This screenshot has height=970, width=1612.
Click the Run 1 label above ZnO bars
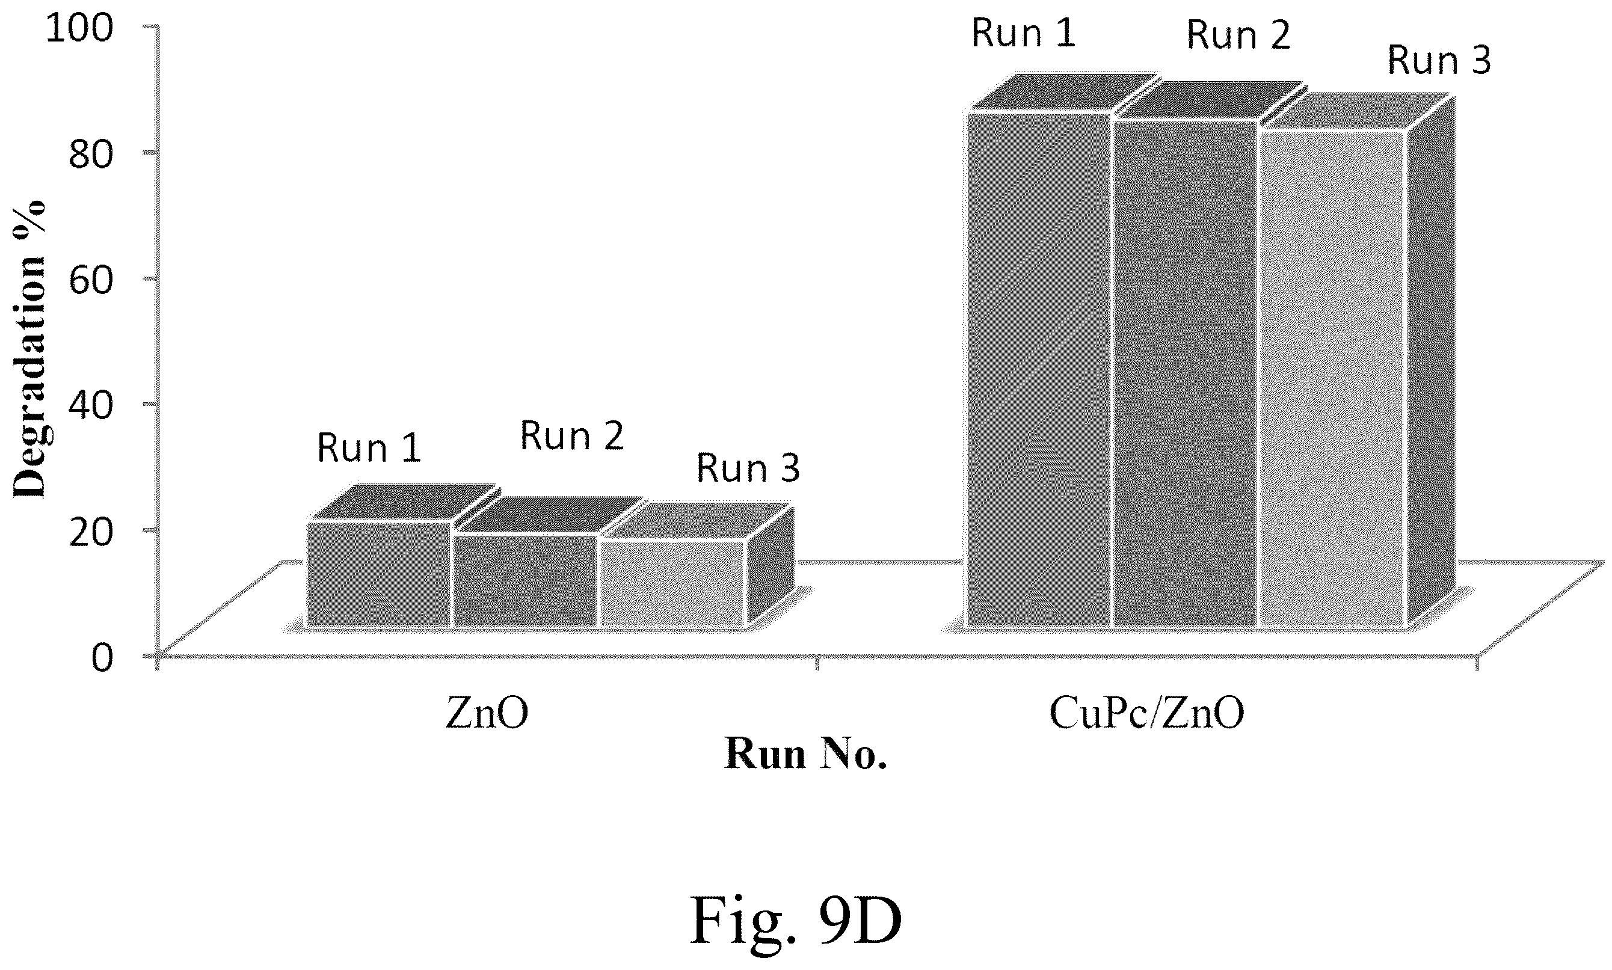369,449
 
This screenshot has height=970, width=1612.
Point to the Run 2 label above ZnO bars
572,436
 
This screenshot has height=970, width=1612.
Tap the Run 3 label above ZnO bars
748,468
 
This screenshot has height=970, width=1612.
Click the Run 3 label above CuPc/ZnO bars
1439,60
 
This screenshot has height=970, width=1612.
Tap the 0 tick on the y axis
103,656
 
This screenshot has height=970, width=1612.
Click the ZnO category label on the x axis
487,714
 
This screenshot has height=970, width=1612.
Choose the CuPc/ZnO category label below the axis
1146,714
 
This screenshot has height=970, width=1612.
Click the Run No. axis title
805,754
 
